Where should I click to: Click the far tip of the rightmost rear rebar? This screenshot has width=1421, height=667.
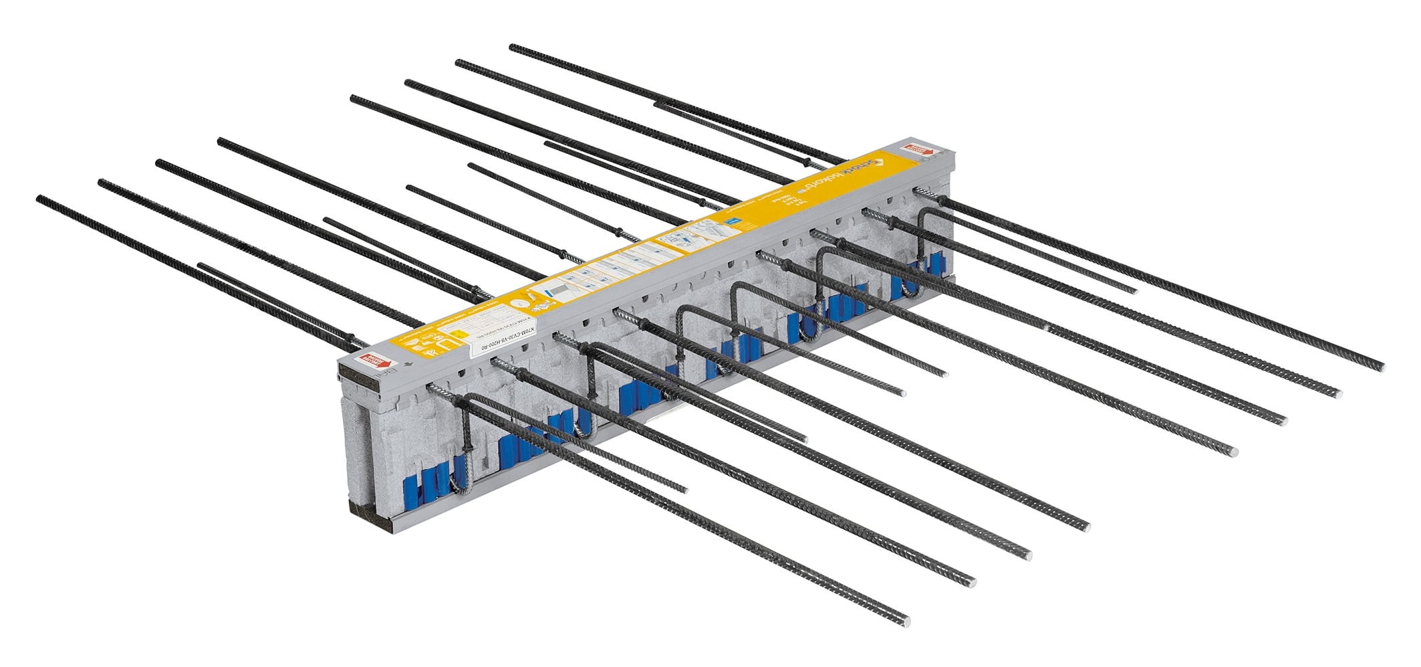(x=512, y=47)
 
